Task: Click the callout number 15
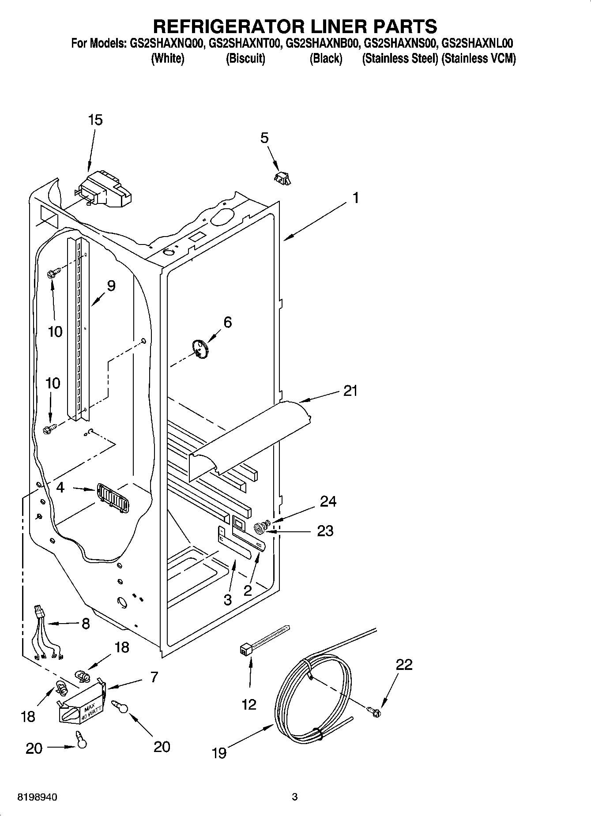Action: point(95,120)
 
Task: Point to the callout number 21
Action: point(350,391)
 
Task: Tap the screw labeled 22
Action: point(374,710)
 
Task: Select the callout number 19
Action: point(219,752)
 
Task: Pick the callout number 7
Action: point(154,677)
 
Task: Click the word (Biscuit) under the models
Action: point(245,59)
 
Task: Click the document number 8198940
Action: point(37,797)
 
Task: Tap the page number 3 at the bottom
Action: point(295,797)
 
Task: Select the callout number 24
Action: point(328,501)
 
